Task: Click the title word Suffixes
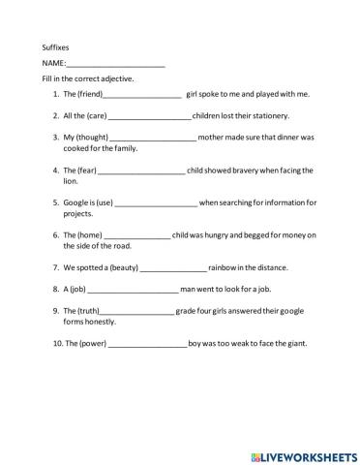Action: [x=55, y=46]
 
